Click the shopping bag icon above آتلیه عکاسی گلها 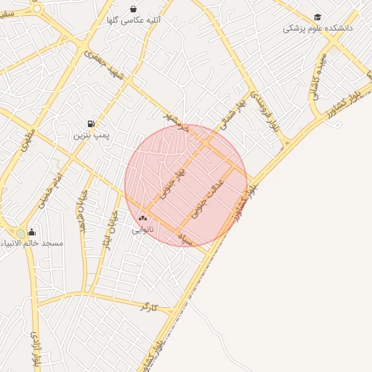[133, 9]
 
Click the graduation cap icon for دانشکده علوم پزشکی [318, 17]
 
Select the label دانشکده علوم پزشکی [318, 28]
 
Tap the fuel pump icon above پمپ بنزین [91, 124]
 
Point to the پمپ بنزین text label [92, 136]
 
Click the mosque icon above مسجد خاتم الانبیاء [31, 232]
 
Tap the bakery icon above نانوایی [142, 218]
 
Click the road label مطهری [28, 138]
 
